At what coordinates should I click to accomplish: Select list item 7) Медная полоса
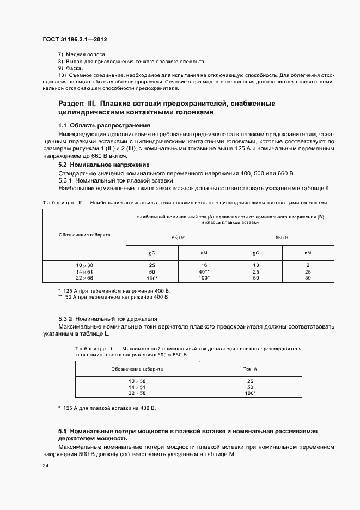click(82, 56)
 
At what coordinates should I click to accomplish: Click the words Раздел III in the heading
click(77, 103)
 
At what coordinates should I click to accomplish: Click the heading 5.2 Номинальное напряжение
click(103, 165)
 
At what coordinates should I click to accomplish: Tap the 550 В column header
click(178, 238)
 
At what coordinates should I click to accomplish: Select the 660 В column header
click(282, 238)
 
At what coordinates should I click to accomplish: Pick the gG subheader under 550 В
click(152, 253)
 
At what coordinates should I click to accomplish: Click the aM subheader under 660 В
click(308, 253)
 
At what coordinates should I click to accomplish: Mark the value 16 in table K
click(204, 265)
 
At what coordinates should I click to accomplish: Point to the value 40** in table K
click(204, 271)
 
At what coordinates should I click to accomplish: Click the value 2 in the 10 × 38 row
click(308, 265)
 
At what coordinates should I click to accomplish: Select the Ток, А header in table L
click(251, 369)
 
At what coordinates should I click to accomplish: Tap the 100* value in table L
click(251, 393)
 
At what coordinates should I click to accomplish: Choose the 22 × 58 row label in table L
click(137, 393)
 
